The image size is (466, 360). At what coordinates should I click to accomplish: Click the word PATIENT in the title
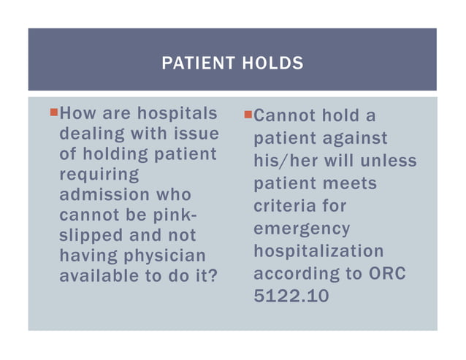(x=193, y=64)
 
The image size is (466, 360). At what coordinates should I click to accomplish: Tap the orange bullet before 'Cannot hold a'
(x=248, y=114)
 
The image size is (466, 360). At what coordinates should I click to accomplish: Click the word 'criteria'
(x=289, y=206)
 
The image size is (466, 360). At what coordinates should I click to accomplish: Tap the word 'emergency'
(x=302, y=229)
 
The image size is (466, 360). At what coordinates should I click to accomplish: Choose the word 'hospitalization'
(x=318, y=251)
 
